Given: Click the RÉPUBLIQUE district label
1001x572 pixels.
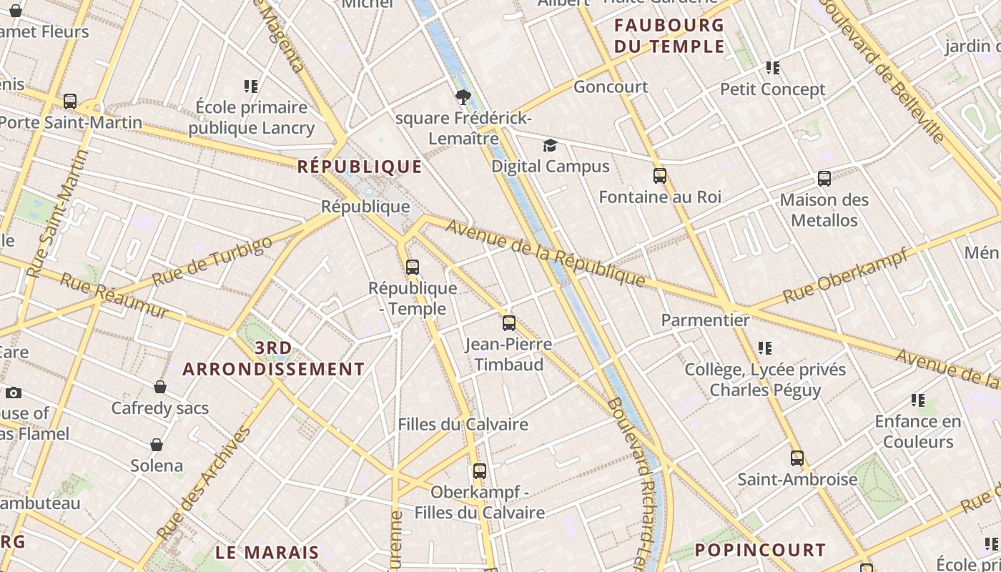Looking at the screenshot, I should pos(360,167).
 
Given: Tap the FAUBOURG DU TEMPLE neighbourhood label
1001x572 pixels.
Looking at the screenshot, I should pos(669,36).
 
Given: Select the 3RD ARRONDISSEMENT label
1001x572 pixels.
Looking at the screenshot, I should pos(273,359).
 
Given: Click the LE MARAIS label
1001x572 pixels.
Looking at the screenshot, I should pos(267,552).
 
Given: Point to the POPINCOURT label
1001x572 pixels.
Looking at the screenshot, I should pos(760,550).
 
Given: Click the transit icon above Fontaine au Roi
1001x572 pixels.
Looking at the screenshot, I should pos(659,176).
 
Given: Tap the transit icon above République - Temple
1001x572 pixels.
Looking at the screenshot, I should pos(413,267).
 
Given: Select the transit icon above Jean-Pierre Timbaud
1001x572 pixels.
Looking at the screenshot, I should pos(508,323).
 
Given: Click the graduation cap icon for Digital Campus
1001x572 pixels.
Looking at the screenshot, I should pos(549,146).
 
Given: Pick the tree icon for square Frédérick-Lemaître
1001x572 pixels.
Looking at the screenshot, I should pos(463,97).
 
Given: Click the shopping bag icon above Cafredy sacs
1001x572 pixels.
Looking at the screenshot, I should pos(160,387).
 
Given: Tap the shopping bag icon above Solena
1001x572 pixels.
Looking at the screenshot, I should pos(157,445).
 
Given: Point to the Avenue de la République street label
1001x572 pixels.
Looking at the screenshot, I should pos(546,253).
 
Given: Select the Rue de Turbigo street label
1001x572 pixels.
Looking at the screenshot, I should pos(212,261).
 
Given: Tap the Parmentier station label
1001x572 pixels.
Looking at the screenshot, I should pos(705,320).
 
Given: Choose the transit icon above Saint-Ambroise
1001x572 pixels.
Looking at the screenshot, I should pos(797,458).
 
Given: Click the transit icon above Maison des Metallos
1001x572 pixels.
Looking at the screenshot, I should pos(824,179).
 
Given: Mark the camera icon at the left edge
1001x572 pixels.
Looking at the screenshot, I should pos(13,393).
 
